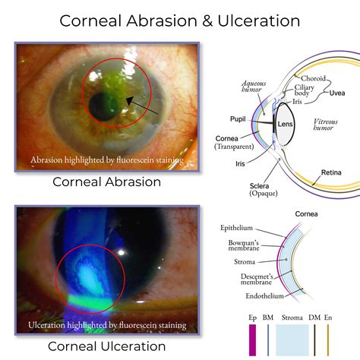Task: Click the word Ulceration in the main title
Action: click(257, 21)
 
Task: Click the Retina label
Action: click(330, 172)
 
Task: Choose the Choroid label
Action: click(314, 78)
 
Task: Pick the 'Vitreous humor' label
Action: click(330, 125)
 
